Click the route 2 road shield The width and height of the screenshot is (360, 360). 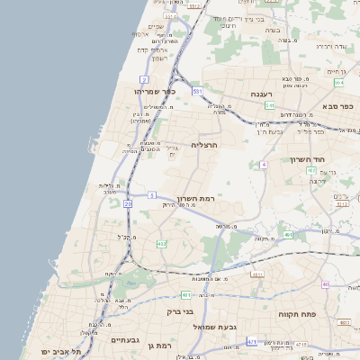click(x=143, y=80)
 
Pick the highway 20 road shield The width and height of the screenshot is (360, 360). click(x=128, y=204)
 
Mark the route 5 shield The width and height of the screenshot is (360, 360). click(x=152, y=194)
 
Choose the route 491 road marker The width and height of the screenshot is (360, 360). click(x=288, y=234)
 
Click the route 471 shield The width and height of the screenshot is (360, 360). click(x=252, y=341)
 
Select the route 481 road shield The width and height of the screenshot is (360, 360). click(x=185, y=294)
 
